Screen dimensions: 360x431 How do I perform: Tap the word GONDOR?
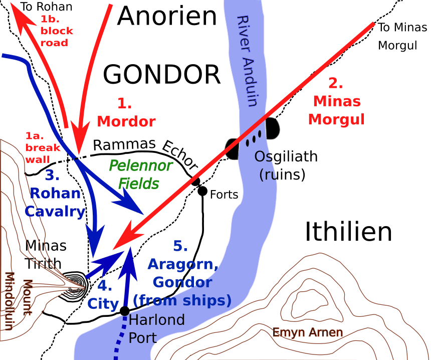162,75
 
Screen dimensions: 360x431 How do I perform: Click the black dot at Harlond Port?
124,311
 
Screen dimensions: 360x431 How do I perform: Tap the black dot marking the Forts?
202,191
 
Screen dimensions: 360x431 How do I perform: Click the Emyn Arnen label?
308,332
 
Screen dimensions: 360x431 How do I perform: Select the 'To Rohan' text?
47,7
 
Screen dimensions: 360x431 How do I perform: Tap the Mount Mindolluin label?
18,301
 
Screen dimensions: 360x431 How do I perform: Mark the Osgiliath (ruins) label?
286,165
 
